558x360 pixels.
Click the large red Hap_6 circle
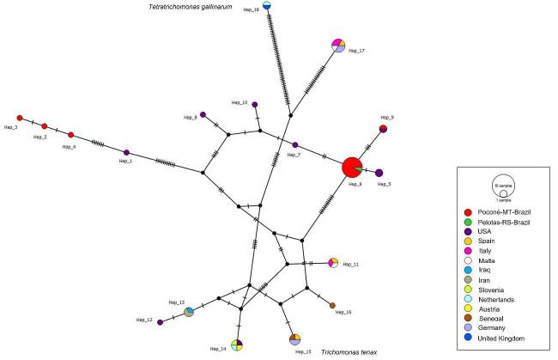click(x=351, y=168)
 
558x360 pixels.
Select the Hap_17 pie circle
click(x=338, y=45)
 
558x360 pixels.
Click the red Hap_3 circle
click(x=20, y=118)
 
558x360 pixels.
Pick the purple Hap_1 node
click(x=126, y=153)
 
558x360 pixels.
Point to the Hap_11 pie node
click(x=335, y=262)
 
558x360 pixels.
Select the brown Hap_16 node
click(x=332, y=305)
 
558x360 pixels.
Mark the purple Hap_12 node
click(x=161, y=321)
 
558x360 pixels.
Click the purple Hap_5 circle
click(x=379, y=173)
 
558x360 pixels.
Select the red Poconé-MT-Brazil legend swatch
click(x=468, y=211)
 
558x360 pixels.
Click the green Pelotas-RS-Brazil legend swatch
click(x=468, y=223)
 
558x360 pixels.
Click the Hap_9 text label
click(x=388, y=118)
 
